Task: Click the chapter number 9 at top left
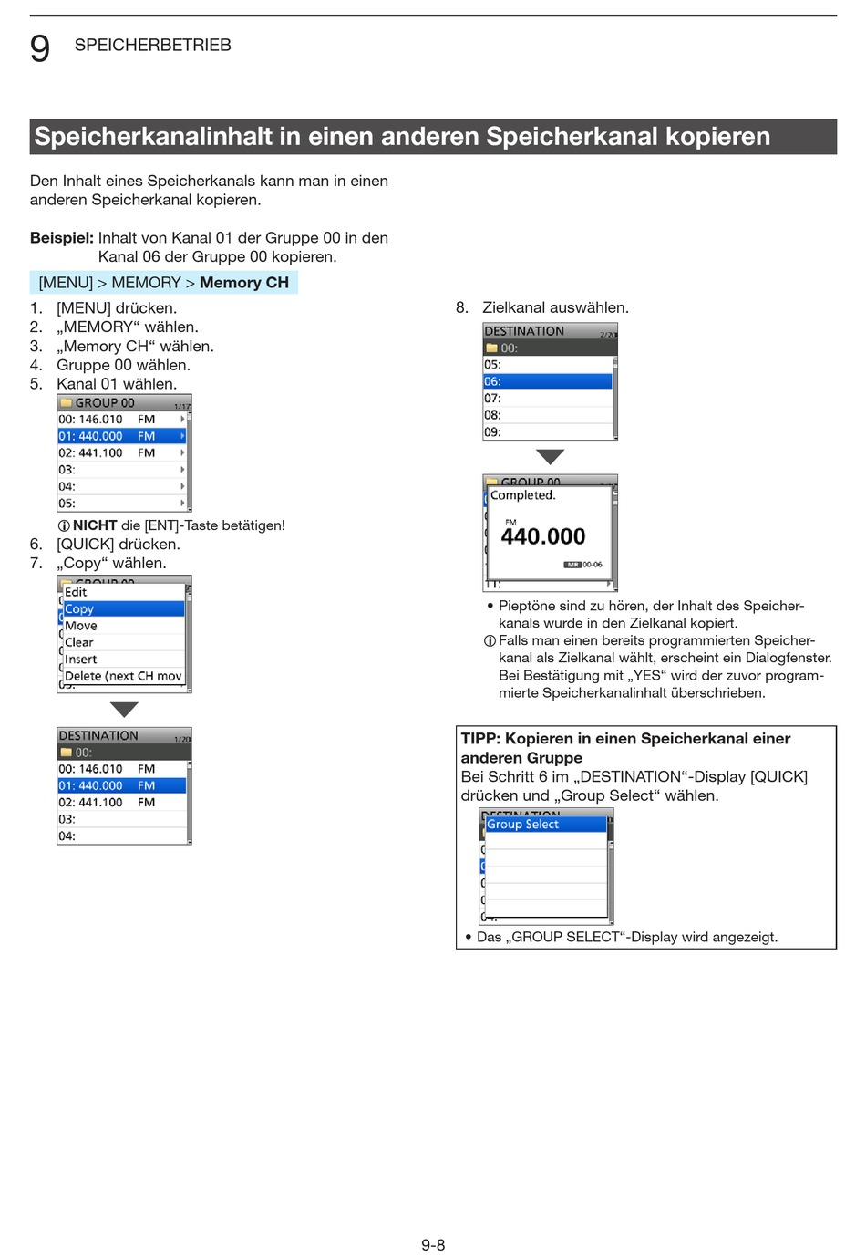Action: [40, 47]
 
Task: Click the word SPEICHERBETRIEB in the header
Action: [152, 46]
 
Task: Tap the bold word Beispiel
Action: [61, 238]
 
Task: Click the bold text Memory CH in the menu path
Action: [243, 283]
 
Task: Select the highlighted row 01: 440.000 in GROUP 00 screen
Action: [121, 436]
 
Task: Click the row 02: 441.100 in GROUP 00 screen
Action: [121, 452]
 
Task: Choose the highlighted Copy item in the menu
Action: [122, 608]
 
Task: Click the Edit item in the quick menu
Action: [76, 592]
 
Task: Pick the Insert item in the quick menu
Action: [81, 659]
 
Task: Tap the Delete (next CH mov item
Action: [123, 676]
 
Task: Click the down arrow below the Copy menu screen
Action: [124, 709]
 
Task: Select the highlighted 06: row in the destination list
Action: [547, 381]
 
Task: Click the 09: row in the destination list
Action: [547, 431]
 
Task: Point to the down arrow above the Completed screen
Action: [550, 456]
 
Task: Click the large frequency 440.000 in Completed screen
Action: [543, 536]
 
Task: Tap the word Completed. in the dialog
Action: [522, 495]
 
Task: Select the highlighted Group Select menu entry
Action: [544, 824]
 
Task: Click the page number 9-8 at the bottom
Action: [433, 1245]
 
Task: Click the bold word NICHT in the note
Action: [95, 525]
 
